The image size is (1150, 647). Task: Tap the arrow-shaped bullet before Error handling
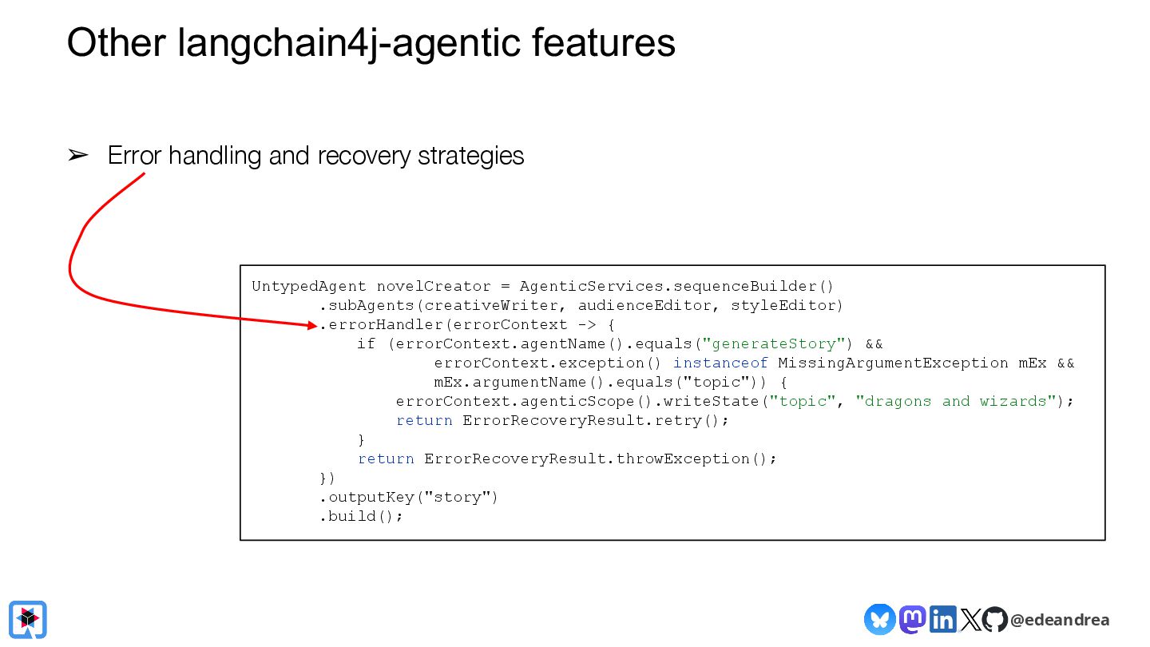pos(78,156)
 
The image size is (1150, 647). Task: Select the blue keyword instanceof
pos(720,363)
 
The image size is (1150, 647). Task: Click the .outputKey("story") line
pos(409,498)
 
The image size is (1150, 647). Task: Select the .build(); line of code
pos(362,517)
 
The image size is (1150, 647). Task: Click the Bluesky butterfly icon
pos(879,619)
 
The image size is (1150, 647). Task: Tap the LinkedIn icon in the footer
pos(943,619)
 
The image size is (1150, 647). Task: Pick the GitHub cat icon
pos(994,619)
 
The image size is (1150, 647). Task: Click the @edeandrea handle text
pos(1060,620)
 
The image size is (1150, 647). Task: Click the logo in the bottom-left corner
pos(28,619)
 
